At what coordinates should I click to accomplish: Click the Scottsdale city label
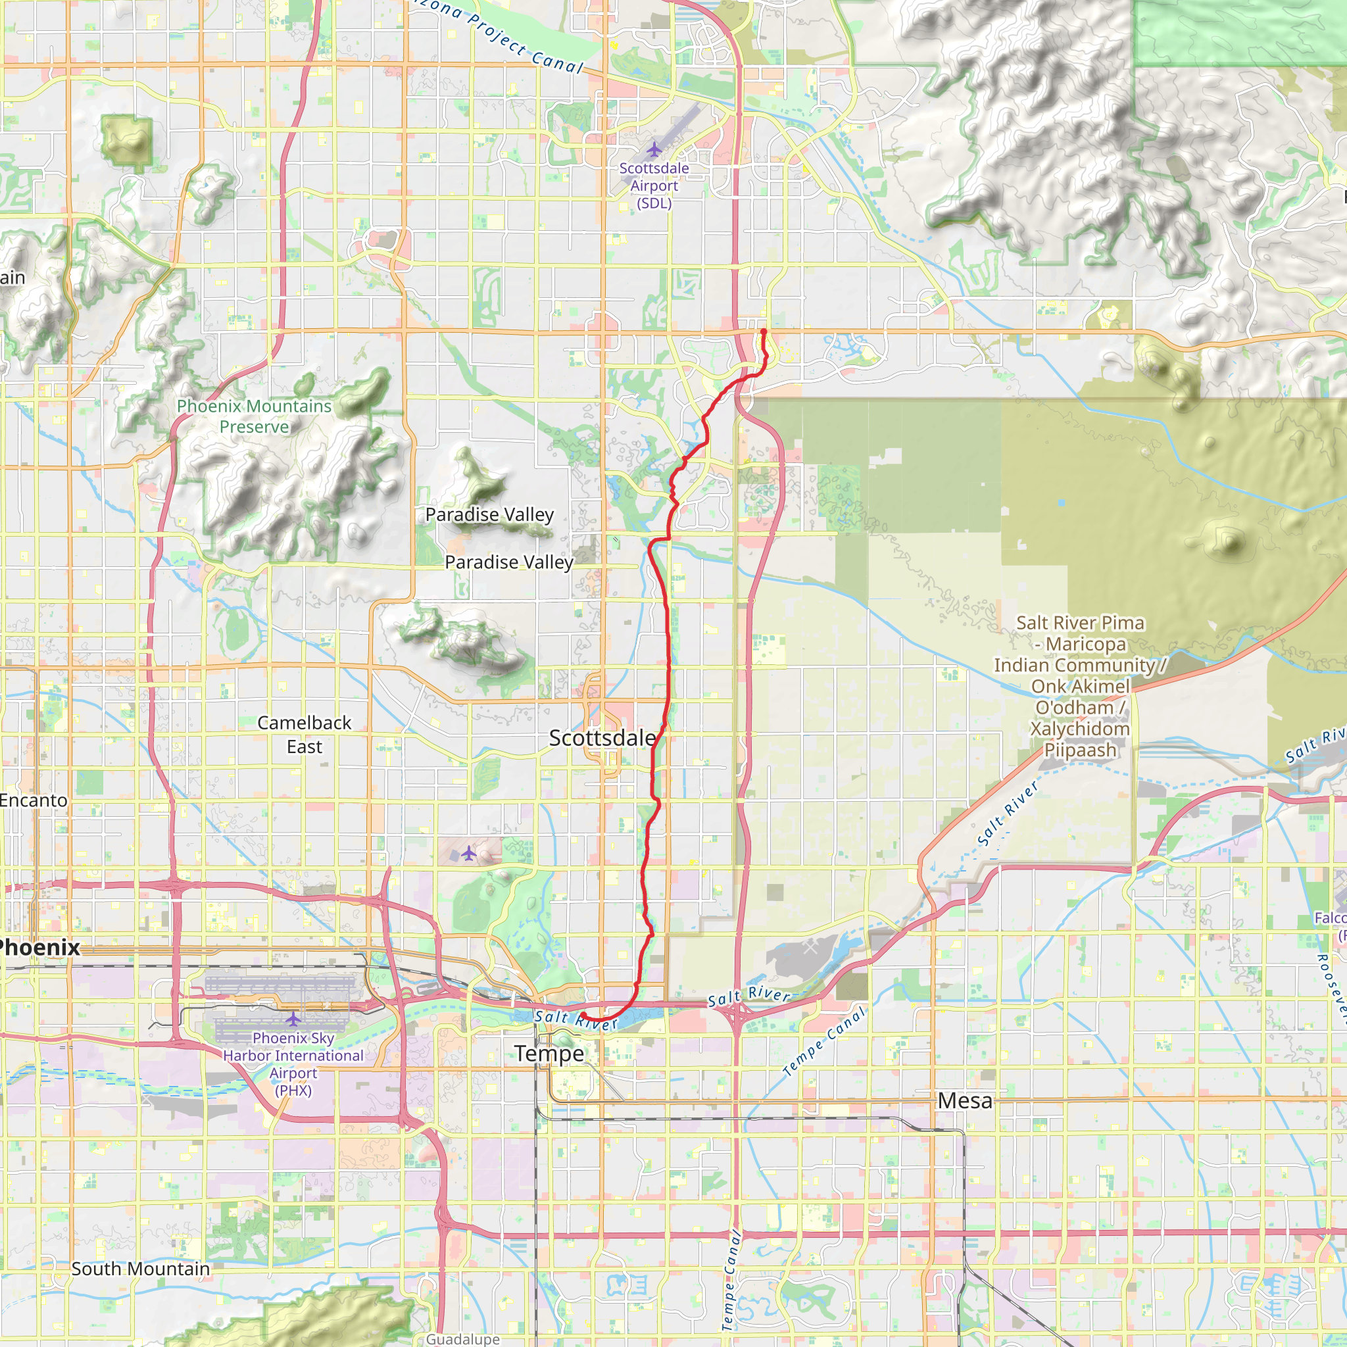(x=602, y=738)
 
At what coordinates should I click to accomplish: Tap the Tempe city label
(x=549, y=1053)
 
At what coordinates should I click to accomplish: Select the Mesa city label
(x=965, y=1100)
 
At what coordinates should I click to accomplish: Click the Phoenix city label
(x=39, y=948)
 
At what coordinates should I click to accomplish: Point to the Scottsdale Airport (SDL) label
(x=654, y=185)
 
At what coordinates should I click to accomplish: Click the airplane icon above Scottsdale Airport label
(x=654, y=149)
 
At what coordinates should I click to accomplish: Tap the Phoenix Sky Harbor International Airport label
(x=293, y=1064)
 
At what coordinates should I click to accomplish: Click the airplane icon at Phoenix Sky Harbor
(x=293, y=1019)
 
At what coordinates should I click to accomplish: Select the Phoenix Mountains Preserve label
(x=254, y=416)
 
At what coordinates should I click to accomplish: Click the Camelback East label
(x=304, y=734)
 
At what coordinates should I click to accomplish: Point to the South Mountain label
(x=140, y=1269)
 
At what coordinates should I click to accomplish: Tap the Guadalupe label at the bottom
(x=463, y=1338)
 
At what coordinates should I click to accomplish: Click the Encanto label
(x=34, y=800)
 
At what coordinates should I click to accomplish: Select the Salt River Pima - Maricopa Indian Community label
(x=1080, y=686)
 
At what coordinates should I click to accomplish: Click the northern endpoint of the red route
(x=764, y=331)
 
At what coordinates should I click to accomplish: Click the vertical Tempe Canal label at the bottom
(x=729, y=1279)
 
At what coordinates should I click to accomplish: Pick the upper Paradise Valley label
(x=489, y=514)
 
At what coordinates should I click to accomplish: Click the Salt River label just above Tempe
(x=576, y=1020)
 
